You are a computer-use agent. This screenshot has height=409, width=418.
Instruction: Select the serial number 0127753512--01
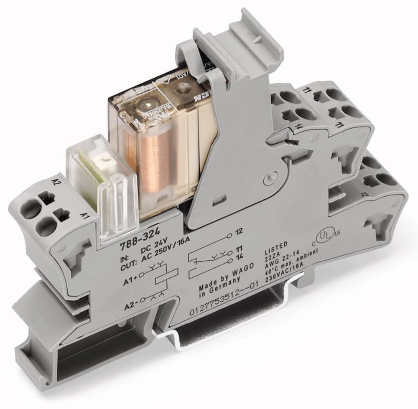[x=224, y=298]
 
